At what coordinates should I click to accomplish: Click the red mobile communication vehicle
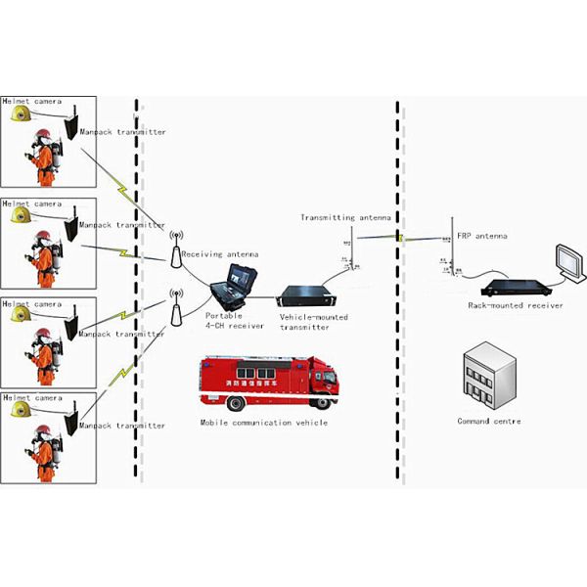266,383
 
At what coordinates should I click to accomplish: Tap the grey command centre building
487,377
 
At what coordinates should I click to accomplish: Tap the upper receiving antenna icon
176,250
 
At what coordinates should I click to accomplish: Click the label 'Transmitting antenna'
345,218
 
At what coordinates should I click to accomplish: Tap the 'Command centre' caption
489,422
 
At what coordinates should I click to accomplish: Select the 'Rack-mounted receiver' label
516,305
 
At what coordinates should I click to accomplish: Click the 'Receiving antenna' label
220,254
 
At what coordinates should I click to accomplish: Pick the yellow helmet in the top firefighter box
20,115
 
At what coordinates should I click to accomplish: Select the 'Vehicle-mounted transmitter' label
313,322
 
